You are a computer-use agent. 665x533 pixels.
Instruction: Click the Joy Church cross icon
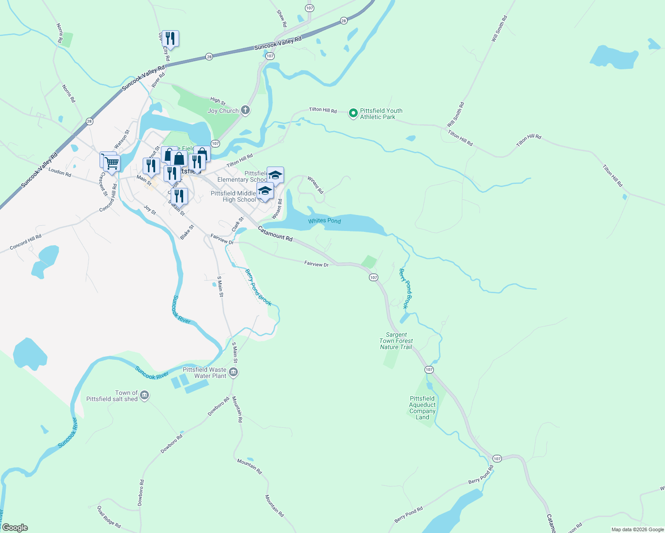pos(245,110)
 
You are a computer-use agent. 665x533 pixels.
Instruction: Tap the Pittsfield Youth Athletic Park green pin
pos(353,114)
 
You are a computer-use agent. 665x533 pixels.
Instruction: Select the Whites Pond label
pos(324,221)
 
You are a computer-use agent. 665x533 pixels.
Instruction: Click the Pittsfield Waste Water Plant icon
pos(233,372)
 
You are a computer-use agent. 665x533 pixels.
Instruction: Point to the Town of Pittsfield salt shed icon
pos(144,395)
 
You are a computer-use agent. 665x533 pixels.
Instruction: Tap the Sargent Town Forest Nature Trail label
pos(396,341)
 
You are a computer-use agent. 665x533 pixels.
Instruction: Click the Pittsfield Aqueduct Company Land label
pos(422,408)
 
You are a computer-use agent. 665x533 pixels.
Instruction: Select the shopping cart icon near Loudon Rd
pos(111,163)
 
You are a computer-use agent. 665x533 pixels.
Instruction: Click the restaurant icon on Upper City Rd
pos(170,39)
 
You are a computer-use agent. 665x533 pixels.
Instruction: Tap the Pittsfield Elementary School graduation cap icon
pos(275,175)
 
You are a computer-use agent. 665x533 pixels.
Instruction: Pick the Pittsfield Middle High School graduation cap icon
pos(265,191)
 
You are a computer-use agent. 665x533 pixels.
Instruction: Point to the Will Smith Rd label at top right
pos(499,29)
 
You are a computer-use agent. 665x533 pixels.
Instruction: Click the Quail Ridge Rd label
pos(109,517)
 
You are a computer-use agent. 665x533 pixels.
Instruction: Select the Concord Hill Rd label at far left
pos(26,242)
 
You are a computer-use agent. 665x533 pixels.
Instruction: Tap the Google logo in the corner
pos(15,528)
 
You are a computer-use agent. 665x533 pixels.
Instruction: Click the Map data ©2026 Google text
pos(637,529)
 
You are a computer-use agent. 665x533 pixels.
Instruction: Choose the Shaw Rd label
pos(282,18)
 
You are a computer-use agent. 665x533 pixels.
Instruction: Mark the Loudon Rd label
pos(60,172)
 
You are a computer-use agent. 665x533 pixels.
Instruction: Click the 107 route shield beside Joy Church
pos(215,143)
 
